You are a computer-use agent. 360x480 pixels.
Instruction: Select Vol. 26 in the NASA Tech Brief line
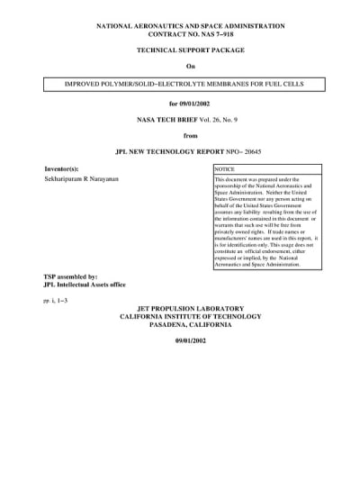205,120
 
